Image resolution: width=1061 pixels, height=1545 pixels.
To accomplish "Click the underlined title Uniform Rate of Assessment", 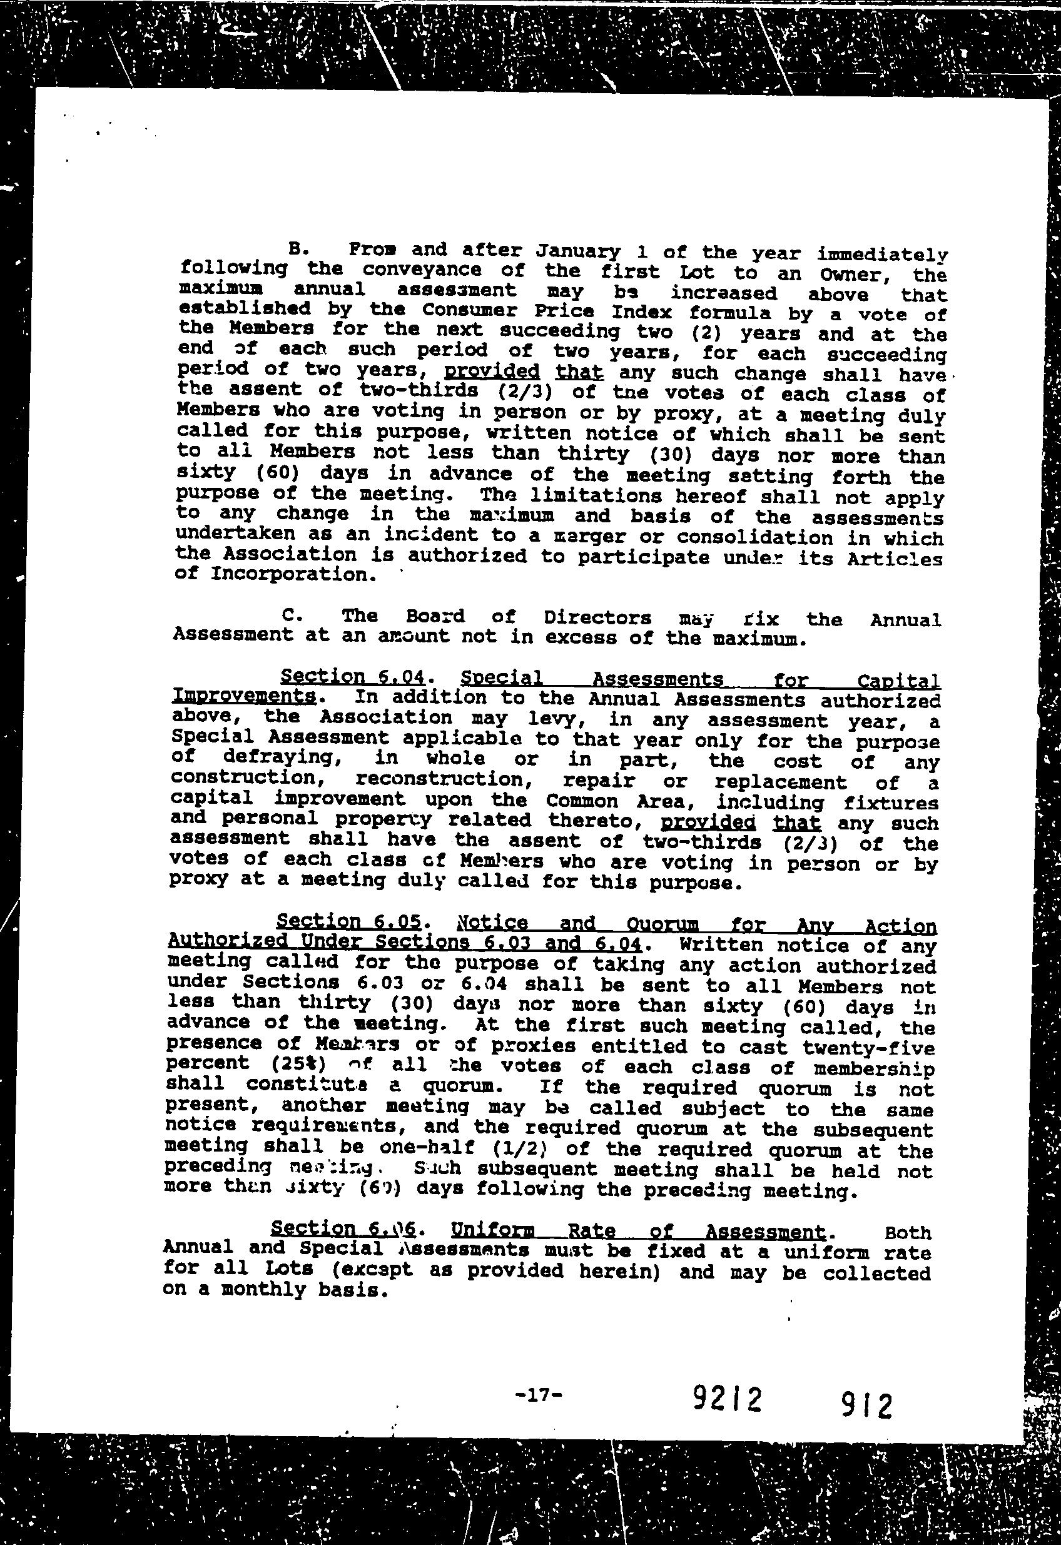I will click(x=637, y=1232).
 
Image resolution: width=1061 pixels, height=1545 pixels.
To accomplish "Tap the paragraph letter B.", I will click(x=297, y=250).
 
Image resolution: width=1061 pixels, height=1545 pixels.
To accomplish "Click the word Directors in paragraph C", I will click(x=597, y=617).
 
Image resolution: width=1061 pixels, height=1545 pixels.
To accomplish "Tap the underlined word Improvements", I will click(x=243, y=696).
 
